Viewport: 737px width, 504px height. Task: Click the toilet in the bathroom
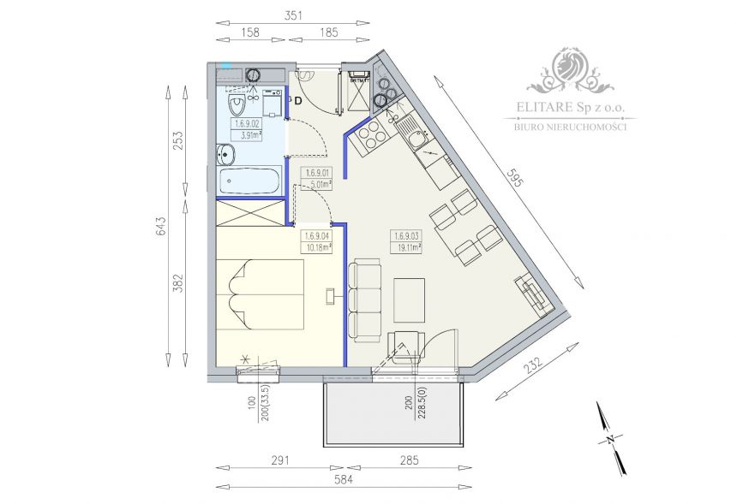(237, 106)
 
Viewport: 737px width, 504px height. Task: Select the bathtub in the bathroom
(249, 181)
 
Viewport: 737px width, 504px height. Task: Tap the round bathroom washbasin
(225, 155)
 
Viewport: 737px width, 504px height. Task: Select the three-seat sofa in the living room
(364, 300)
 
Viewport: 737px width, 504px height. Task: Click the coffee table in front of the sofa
(409, 300)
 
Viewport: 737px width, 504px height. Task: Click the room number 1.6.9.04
(317, 236)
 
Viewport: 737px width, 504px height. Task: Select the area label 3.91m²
(249, 134)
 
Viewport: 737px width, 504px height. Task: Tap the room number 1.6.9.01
(318, 172)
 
